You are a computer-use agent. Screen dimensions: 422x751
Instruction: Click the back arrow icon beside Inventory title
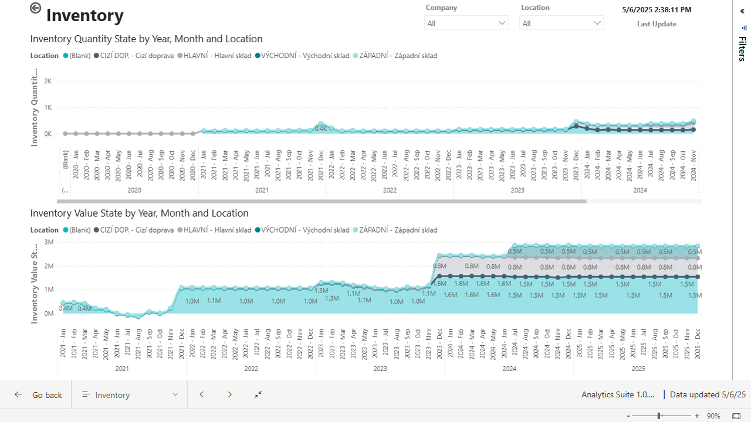click(x=36, y=8)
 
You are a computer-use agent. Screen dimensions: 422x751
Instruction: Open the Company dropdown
click(x=466, y=23)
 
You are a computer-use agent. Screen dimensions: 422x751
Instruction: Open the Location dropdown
click(x=561, y=23)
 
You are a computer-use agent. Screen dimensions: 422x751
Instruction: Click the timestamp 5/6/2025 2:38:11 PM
click(x=657, y=10)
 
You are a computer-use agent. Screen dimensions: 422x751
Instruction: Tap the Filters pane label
click(x=742, y=49)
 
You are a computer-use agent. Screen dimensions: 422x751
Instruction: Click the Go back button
click(x=39, y=395)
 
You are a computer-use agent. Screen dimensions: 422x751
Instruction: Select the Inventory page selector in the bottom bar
click(x=129, y=395)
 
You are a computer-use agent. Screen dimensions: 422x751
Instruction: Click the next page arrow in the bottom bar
click(x=230, y=394)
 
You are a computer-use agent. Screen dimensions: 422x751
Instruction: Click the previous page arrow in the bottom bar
click(x=202, y=394)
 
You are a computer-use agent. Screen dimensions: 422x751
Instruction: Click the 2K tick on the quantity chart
click(x=48, y=81)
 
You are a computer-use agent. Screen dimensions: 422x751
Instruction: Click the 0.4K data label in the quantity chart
click(x=320, y=128)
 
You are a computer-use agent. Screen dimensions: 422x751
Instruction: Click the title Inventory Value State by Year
click(x=139, y=213)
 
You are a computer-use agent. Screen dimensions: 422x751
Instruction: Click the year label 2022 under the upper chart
click(x=390, y=190)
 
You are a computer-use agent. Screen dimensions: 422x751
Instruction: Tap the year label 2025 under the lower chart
click(x=638, y=369)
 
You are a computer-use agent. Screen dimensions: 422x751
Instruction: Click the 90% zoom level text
click(x=713, y=416)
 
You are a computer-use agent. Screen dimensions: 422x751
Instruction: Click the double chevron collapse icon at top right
click(x=742, y=11)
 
